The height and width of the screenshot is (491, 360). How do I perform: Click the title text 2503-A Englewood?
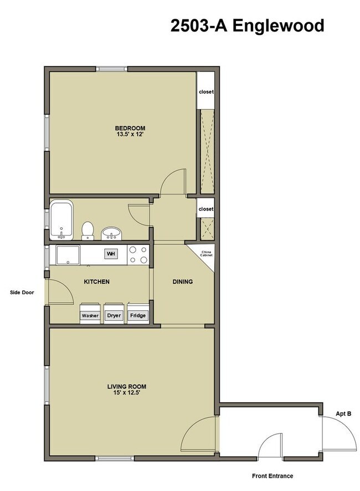[247, 25]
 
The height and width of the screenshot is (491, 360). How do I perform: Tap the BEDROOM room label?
[130, 128]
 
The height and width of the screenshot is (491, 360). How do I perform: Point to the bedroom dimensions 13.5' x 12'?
[130, 135]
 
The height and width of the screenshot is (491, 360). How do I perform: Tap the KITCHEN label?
[96, 282]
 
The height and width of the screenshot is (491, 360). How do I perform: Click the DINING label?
[182, 282]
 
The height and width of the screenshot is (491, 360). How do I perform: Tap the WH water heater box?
[111, 254]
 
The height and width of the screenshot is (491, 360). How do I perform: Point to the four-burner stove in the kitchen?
[138, 254]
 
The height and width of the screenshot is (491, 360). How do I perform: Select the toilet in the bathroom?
[88, 230]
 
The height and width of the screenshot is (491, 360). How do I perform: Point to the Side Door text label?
[22, 291]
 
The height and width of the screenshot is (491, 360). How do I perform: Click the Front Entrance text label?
[272, 475]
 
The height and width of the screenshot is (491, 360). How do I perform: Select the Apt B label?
[344, 413]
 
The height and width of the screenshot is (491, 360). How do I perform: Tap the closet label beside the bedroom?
[206, 92]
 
